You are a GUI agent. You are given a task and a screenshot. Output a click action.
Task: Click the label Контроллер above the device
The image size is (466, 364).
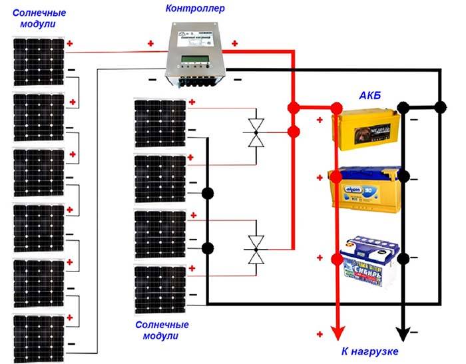pyautogui.click(x=195, y=9)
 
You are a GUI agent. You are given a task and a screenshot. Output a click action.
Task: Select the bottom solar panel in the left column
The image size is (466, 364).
pyautogui.click(x=38, y=335)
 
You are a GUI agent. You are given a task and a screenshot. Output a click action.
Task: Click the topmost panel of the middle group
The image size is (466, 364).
pyautogui.click(x=160, y=123)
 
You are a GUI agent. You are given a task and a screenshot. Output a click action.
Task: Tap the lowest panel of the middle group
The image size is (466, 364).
pyautogui.click(x=160, y=289)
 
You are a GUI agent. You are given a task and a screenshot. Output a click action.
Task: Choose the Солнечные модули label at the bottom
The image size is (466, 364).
pyautogui.click(x=162, y=331)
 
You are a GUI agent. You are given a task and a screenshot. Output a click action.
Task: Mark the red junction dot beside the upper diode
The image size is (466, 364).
pyautogui.click(x=292, y=132)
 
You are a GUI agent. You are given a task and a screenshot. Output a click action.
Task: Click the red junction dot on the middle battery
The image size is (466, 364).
pyautogui.click(x=337, y=176)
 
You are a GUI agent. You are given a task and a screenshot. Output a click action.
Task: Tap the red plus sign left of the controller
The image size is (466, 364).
pyautogui.click(x=151, y=44)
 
